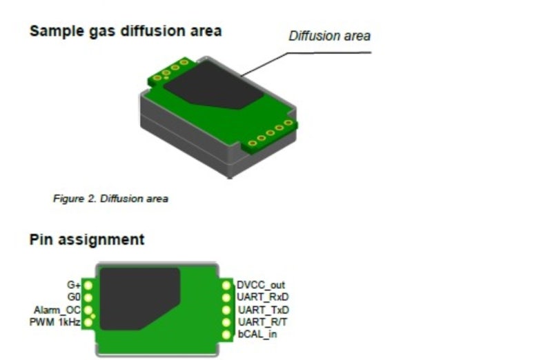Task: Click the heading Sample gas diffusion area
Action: (x=126, y=31)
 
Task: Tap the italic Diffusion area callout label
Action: (x=330, y=36)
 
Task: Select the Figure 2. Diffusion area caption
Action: (x=110, y=199)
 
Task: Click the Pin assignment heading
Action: (x=87, y=239)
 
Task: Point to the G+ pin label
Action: (x=74, y=284)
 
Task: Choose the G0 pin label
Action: (x=74, y=297)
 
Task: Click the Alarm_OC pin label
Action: (x=57, y=310)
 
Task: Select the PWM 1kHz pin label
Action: (x=55, y=322)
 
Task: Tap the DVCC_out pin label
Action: (x=261, y=285)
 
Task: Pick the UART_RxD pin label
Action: (x=263, y=297)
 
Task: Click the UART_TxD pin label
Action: (x=264, y=310)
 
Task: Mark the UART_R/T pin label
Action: (x=263, y=322)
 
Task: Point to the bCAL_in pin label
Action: (x=257, y=334)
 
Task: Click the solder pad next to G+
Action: (x=88, y=285)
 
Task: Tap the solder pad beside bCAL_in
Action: (x=226, y=334)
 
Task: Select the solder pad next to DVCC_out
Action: (x=226, y=286)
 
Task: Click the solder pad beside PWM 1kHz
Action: (x=88, y=321)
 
